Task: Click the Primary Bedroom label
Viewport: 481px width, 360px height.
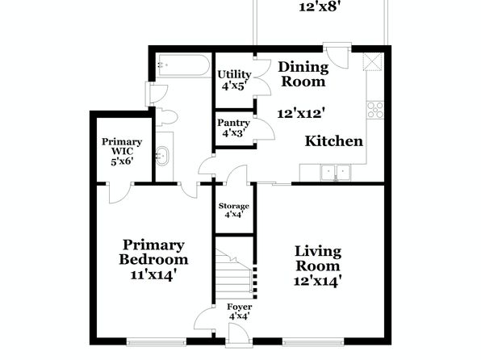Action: (x=153, y=253)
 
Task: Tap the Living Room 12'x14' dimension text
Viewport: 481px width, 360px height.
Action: (x=318, y=281)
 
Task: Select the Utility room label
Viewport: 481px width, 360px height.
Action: (x=234, y=74)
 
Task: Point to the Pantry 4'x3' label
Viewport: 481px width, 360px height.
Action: (x=233, y=128)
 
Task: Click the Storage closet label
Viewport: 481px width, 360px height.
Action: (x=234, y=207)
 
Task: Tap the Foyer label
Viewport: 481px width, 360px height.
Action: (x=240, y=307)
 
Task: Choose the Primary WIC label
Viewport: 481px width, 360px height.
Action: (x=122, y=146)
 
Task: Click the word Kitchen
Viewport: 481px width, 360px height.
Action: (x=334, y=141)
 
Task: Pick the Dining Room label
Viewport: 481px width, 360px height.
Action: (x=303, y=74)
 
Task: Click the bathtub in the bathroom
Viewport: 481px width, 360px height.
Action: (x=184, y=65)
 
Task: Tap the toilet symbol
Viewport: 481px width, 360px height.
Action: (x=166, y=117)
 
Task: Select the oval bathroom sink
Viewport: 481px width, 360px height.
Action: (x=162, y=157)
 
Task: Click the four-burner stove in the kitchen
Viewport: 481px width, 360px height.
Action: (x=375, y=110)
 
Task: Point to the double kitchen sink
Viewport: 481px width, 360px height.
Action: (x=336, y=173)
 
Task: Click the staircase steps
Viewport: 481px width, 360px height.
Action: (x=234, y=274)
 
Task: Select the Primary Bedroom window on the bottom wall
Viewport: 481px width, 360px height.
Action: (x=156, y=341)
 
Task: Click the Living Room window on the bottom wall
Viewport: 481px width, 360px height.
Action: (x=313, y=341)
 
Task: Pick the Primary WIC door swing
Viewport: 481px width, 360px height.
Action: (x=120, y=194)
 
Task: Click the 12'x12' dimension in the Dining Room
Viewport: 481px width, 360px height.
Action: (x=301, y=114)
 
